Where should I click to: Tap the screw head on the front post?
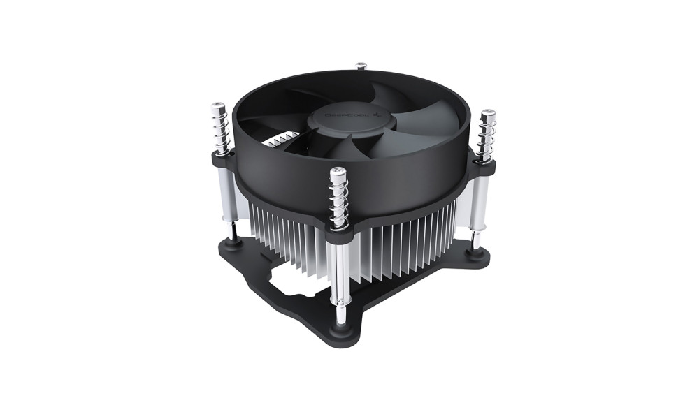338,172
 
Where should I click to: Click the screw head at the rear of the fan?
361,66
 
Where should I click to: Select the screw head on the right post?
487,115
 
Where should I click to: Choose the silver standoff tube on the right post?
479,203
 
